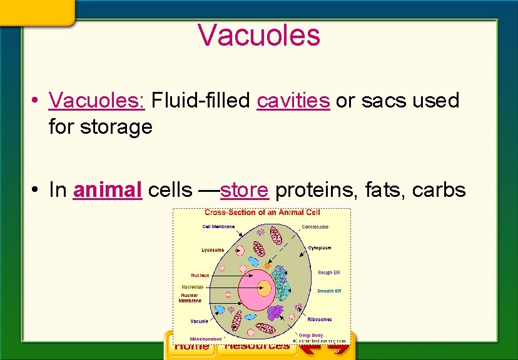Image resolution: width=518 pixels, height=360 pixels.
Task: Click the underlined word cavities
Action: pyautogui.click(x=293, y=101)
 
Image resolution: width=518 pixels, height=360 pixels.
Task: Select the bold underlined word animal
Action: pyautogui.click(x=108, y=191)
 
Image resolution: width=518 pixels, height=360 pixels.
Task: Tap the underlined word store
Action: pyautogui.click(x=245, y=191)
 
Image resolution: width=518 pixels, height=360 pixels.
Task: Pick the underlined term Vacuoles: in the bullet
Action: pyautogui.click(x=97, y=101)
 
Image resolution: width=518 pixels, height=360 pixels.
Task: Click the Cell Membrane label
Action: pyautogui.click(x=218, y=226)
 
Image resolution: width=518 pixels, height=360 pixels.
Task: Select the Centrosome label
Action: pyautogui.click(x=315, y=227)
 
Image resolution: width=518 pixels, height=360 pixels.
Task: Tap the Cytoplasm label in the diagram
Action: pyautogui.click(x=320, y=248)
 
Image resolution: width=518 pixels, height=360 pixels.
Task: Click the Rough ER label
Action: pyautogui.click(x=329, y=272)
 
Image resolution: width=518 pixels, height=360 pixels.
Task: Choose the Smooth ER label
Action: pyautogui.click(x=330, y=291)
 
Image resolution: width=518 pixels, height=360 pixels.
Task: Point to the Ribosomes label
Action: pyautogui.click(x=320, y=319)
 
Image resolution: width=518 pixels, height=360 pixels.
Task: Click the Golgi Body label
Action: pyautogui.click(x=311, y=336)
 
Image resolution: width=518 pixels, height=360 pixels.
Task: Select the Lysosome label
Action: pyautogui.click(x=213, y=250)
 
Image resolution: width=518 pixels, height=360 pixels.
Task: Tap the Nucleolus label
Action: pyautogui.click(x=192, y=287)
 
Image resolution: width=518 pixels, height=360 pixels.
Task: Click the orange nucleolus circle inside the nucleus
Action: pyautogui.click(x=265, y=289)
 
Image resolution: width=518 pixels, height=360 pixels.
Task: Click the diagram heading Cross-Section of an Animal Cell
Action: pyautogui.click(x=262, y=213)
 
